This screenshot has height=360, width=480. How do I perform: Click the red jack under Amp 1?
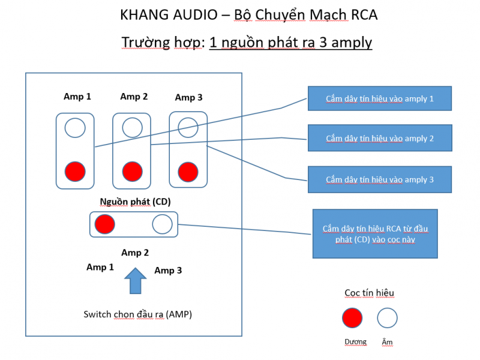(x=74, y=171)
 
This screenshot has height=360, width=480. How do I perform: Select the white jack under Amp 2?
(x=132, y=128)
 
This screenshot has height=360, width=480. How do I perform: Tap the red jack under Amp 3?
(x=188, y=171)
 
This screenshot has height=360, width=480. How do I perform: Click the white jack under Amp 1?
(x=75, y=128)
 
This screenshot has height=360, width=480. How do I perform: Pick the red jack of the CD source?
(x=104, y=224)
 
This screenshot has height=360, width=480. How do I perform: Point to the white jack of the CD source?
(x=162, y=224)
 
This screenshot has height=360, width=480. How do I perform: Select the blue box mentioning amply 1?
(x=379, y=98)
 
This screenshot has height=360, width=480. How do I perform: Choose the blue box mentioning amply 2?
(x=379, y=139)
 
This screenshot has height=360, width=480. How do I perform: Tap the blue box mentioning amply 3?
(x=379, y=179)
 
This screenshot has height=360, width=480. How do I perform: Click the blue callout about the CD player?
(x=375, y=233)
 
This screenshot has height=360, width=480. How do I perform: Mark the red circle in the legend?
(x=352, y=317)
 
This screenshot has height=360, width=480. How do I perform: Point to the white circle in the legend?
(x=387, y=317)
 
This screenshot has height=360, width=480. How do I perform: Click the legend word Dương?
(x=355, y=342)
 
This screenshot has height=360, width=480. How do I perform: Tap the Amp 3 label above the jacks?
(x=188, y=97)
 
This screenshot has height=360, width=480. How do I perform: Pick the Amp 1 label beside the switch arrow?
(x=100, y=268)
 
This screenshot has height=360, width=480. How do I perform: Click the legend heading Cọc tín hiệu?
(x=369, y=293)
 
